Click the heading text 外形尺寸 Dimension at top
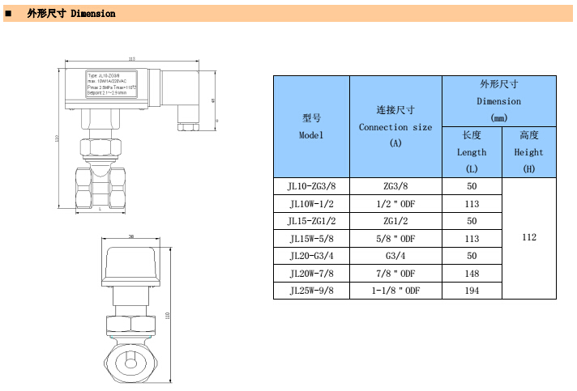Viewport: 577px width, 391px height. [71, 14]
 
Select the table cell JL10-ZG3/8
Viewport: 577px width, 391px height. [311, 185]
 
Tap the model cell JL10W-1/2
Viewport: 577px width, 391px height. [311, 203]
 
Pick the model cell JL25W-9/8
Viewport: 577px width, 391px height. [311, 290]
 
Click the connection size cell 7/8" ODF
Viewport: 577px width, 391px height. [395, 273]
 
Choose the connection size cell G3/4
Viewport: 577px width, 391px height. [395, 255]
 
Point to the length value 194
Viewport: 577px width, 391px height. [472, 290]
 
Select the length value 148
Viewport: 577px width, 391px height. [472, 273]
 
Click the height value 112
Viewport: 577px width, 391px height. [529, 237]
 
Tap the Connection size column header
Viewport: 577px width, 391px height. [395, 126]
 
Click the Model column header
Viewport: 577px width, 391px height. [311, 126]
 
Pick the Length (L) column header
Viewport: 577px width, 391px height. [472, 151]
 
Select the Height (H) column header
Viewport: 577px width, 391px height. [529, 151]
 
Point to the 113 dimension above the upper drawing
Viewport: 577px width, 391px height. [131, 58]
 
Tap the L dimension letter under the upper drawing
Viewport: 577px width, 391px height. [100, 209]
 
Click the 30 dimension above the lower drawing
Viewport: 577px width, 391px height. [131, 237]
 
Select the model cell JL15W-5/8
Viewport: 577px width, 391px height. [311, 238]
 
